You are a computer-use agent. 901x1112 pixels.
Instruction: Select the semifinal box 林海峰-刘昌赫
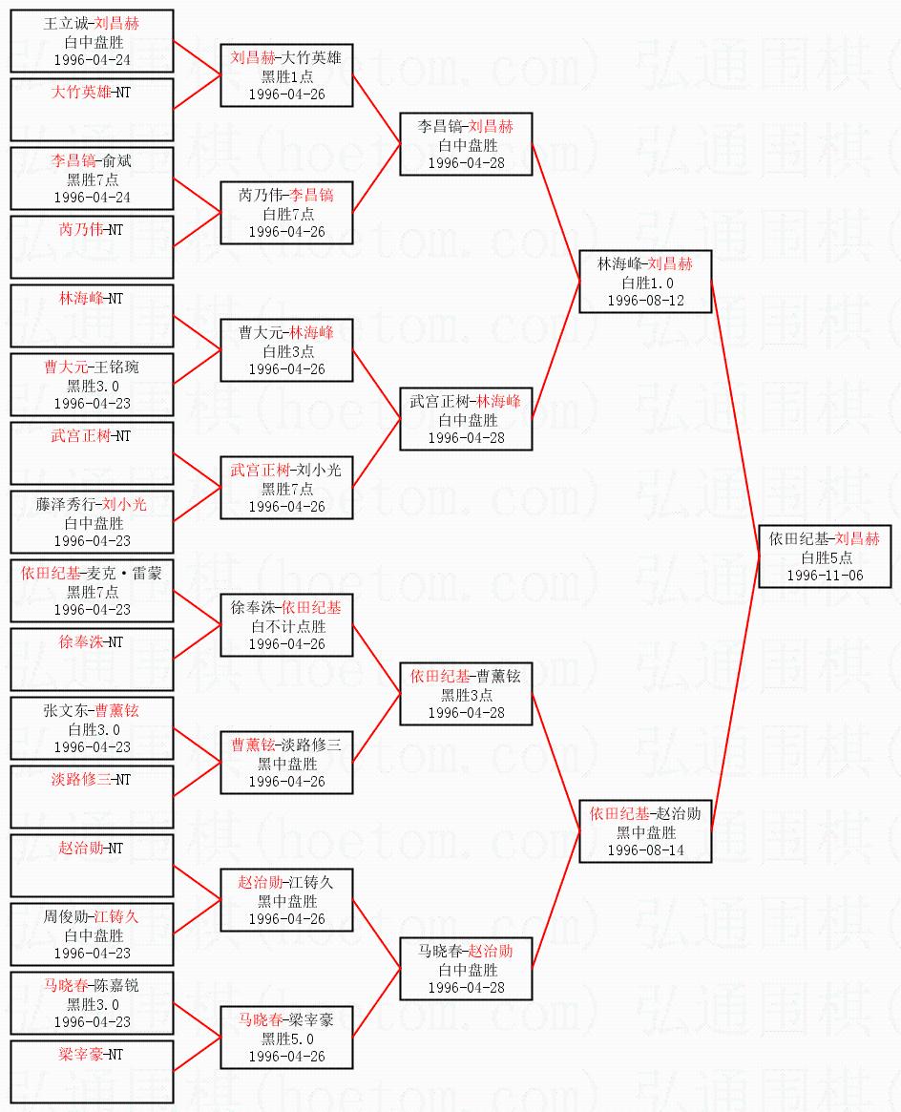[645, 282]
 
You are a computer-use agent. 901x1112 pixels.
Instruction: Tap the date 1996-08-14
[645, 850]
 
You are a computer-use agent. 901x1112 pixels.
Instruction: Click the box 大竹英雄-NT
[92, 110]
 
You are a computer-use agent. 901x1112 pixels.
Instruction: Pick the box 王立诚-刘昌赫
[92, 41]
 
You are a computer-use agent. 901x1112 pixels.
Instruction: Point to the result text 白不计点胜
[286, 627]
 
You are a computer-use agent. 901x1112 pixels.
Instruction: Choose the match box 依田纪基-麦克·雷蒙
[92, 591]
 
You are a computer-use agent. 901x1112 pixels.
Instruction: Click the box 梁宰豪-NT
[92, 1072]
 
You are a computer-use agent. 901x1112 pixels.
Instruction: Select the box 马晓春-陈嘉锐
[92, 1003]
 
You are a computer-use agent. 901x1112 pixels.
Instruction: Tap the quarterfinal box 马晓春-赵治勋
[466, 969]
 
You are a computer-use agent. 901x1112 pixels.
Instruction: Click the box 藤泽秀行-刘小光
[92, 522]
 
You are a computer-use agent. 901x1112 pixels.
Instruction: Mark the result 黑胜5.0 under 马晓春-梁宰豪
[286, 1039]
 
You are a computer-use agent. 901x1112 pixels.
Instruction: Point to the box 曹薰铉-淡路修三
[286, 763]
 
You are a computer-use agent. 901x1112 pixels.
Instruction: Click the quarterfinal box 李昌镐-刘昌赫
[466, 144]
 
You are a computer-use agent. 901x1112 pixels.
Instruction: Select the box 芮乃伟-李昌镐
[286, 213]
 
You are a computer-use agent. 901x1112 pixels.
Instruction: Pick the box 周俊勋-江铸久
[92, 934]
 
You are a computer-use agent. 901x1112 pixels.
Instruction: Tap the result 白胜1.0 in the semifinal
[645, 283]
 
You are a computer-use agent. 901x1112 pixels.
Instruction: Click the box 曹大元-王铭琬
[92, 385]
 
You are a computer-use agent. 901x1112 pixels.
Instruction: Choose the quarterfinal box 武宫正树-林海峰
[466, 419]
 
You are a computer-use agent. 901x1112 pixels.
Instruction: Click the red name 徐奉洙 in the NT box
[78, 642]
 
